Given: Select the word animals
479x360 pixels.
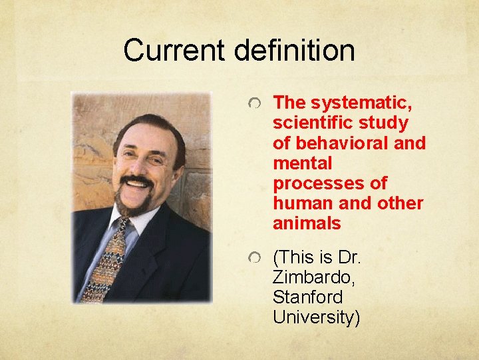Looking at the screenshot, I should (307, 223).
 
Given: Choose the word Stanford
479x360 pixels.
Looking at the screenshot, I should (308, 297).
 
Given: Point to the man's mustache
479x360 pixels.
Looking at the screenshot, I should (138, 181).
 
